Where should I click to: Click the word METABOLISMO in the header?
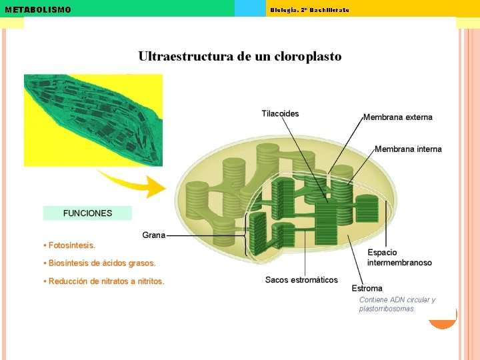[38, 10]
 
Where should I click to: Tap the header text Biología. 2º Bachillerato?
[309, 10]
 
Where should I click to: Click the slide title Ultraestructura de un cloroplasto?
[240, 57]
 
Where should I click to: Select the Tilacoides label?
[280, 113]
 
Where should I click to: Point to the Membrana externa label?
[398, 117]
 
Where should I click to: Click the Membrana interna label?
[408, 149]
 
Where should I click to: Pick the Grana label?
[154, 235]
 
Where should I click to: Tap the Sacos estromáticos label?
[301, 280]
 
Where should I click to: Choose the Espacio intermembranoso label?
[399, 257]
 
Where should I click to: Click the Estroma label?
[367, 288]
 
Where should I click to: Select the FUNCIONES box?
[87, 213]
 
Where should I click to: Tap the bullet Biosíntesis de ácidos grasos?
[99, 263]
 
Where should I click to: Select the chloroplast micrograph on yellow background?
[93, 120]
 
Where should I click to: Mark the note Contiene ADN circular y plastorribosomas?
[397, 304]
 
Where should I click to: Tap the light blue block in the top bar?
[250, 8]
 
